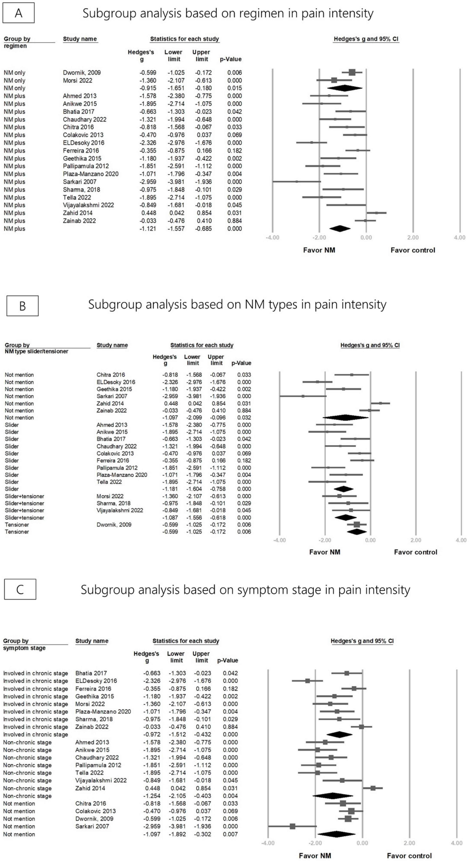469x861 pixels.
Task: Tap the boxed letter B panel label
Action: (x=22, y=306)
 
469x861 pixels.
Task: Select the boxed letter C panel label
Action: (x=20, y=589)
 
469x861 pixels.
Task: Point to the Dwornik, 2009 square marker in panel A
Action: (x=352, y=72)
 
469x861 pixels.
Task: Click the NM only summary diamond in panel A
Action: (x=344, y=88)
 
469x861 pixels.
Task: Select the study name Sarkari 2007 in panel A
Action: (x=80, y=182)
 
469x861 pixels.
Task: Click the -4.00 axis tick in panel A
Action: (x=272, y=238)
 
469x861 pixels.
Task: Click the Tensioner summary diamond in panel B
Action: (x=356, y=532)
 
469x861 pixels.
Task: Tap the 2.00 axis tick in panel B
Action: (x=416, y=540)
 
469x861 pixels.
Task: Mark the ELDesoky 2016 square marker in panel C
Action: (x=307, y=681)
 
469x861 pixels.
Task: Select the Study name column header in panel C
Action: (x=92, y=641)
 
